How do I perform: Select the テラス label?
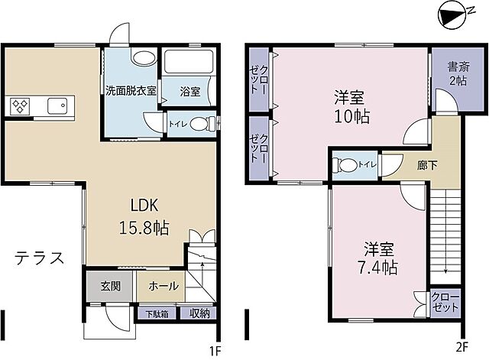click(39, 257)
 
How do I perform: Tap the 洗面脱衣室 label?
click(131, 90)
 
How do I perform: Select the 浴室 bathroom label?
click(190, 92)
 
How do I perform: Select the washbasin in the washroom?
click(141, 58)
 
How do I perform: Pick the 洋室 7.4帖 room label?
click(379, 258)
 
